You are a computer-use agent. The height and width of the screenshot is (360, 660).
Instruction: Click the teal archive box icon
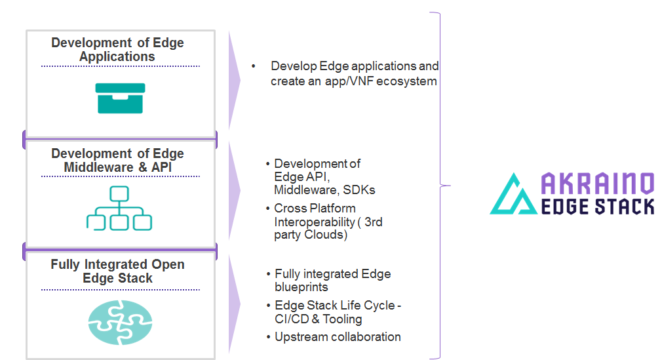coord(120,98)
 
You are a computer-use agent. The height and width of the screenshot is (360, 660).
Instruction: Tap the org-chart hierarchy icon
coord(119,208)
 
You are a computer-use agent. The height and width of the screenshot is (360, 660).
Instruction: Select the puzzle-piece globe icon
coord(120,323)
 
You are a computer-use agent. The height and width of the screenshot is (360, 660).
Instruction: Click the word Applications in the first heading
coord(117,56)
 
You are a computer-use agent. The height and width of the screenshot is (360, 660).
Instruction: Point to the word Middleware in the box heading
coord(98,167)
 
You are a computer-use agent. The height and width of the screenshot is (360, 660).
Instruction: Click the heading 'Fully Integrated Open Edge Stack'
coord(117,271)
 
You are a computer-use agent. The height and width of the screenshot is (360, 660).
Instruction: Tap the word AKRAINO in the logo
coord(597,184)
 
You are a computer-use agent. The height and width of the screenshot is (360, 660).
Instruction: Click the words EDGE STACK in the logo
coord(597,207)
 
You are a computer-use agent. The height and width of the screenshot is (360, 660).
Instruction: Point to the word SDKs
coord(359,190)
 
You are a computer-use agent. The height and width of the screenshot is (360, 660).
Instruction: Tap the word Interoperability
coord(315,222)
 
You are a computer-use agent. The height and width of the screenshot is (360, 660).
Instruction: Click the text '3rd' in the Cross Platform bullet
coord(374,222)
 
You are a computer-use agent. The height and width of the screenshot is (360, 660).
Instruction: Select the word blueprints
coord(301,287)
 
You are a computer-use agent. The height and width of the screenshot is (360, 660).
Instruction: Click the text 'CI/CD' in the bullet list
coord(292,319)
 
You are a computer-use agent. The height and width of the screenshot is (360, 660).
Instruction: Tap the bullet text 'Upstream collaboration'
coord(338,337)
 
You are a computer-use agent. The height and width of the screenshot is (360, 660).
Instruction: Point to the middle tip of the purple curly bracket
coord(450,186)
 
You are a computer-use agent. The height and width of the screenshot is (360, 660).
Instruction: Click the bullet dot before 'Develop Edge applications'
coord(254,66)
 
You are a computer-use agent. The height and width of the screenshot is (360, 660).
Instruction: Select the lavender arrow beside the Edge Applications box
coord(234,80)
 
